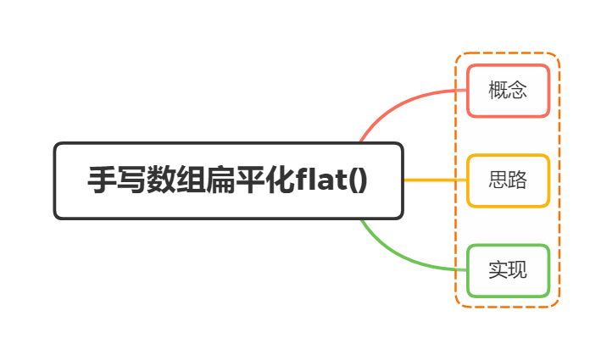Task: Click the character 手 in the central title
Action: coord(102,181)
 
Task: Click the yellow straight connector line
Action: coord(434,180)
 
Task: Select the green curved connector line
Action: coord(398,256)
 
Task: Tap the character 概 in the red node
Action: coord(498,90)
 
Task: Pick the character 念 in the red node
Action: coord(517,90)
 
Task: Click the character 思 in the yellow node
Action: coord(498,180)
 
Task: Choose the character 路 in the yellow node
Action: coord(517,180)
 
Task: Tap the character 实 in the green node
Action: coord(498,271)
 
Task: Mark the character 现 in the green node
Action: coord(517,271)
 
